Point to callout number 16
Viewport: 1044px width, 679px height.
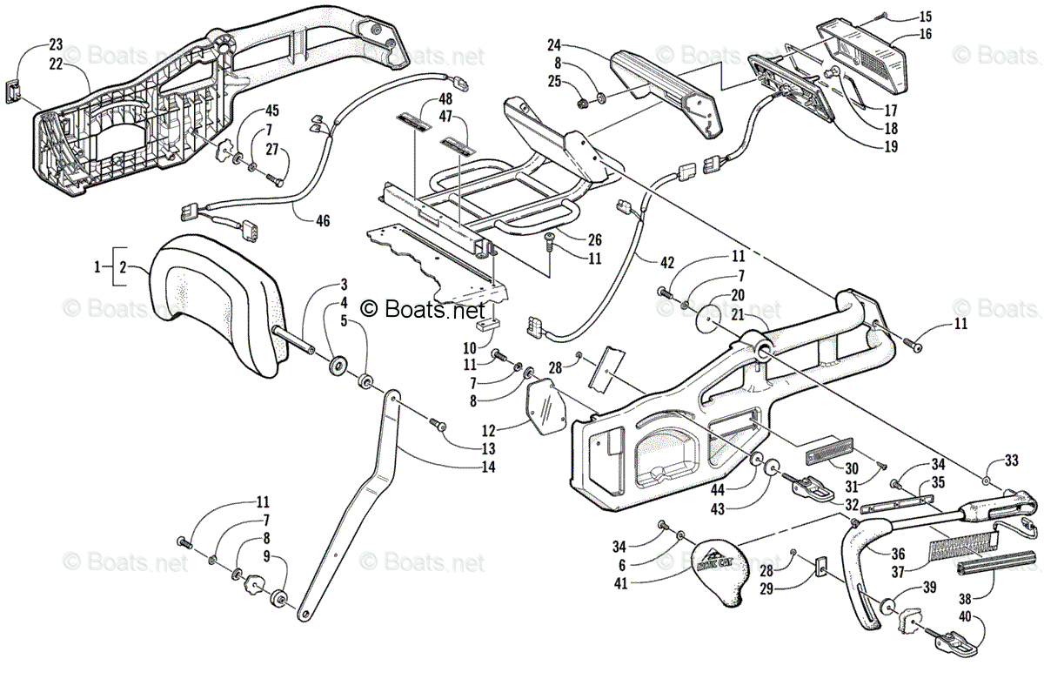pos(924,35)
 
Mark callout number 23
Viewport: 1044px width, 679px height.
pos(56,44)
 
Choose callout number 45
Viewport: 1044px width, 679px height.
pos(272,111)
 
